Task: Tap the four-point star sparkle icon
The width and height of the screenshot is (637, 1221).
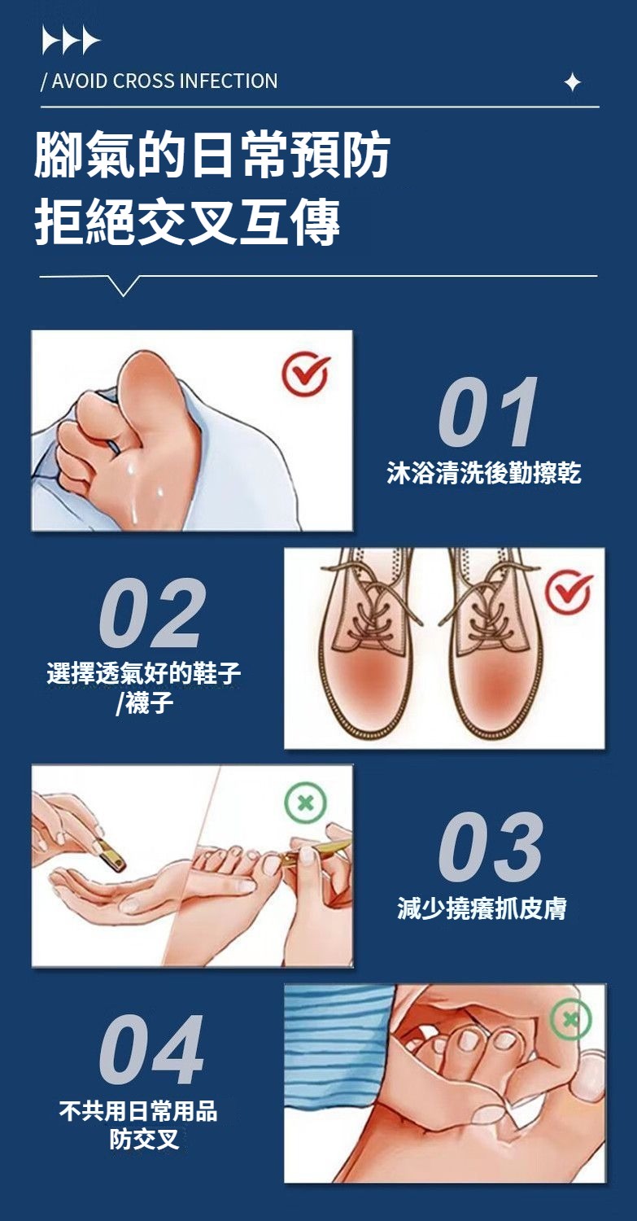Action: coord(573,82)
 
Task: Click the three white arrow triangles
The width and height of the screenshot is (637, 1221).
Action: coord(71,41)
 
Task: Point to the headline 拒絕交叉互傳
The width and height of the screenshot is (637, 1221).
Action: coord(187,221)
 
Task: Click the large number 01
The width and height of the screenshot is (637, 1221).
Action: coord(488,412)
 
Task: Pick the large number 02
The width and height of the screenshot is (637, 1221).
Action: coord(152,613)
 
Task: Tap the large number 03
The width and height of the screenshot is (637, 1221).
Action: coord(491,847)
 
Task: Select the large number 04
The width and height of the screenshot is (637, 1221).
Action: coord(151,1050)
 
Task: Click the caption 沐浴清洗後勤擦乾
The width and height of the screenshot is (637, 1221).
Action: coord(484,473)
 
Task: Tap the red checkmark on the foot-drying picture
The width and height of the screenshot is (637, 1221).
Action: coord(306,374)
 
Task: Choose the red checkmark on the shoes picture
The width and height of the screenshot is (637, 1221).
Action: coord(569,592)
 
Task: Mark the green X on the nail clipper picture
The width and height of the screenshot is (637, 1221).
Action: coord(306,803)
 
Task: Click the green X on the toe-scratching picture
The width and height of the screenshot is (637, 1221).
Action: coord(570,1019)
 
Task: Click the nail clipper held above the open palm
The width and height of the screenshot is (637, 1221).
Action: coord(109,852)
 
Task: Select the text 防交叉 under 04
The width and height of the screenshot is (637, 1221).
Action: coord(144,1140)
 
